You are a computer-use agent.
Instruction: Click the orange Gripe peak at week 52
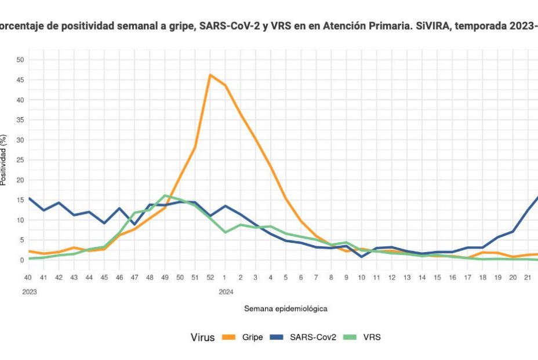click(210, 75)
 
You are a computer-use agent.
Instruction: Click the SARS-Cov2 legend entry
click(314, 337)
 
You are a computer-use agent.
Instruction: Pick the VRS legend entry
click(372, 337)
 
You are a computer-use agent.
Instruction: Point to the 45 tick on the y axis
click(20, 79)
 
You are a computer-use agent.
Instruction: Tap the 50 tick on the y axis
click(20, 60)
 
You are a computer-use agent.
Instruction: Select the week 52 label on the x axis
click(210, 278)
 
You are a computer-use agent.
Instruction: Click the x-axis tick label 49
click(165, 278)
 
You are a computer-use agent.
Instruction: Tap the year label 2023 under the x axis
click(30, 292)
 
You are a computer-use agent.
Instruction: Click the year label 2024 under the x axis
click(226, 292)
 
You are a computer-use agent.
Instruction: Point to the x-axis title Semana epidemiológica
click(285, 309)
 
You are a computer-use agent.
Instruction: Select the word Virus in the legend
click(203, 337)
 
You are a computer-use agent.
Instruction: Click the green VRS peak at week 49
click(165, 195)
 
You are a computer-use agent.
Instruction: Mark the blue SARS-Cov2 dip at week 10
click(361, 256)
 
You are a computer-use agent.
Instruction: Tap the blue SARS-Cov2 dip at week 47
click(134, 224)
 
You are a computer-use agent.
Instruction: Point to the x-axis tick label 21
click(528, 278)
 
